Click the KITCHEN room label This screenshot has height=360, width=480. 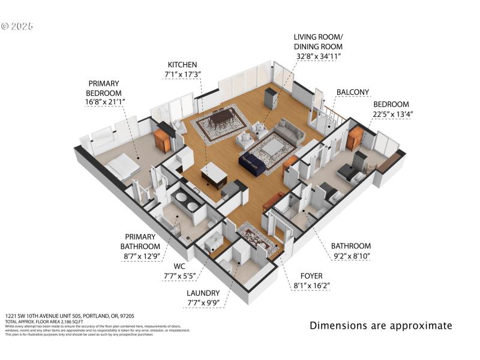[x=182, y=64]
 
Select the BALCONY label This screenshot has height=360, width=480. [x=352, y=92]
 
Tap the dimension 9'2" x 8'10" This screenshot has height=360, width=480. [x=351, y=256]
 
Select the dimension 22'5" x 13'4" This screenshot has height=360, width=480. [x=390, y=114]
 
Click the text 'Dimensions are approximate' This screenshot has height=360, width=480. [x=380, y=326]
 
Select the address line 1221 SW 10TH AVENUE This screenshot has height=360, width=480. [x=70, y=315]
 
